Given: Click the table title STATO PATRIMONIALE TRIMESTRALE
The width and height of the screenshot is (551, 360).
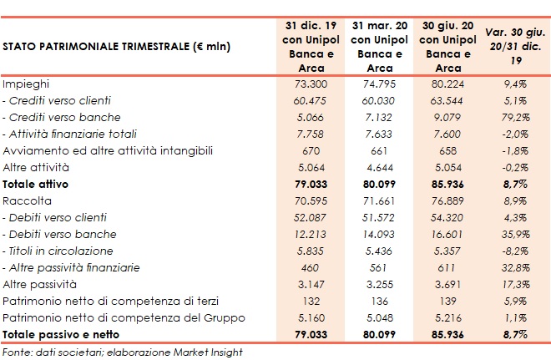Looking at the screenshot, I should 117,47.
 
